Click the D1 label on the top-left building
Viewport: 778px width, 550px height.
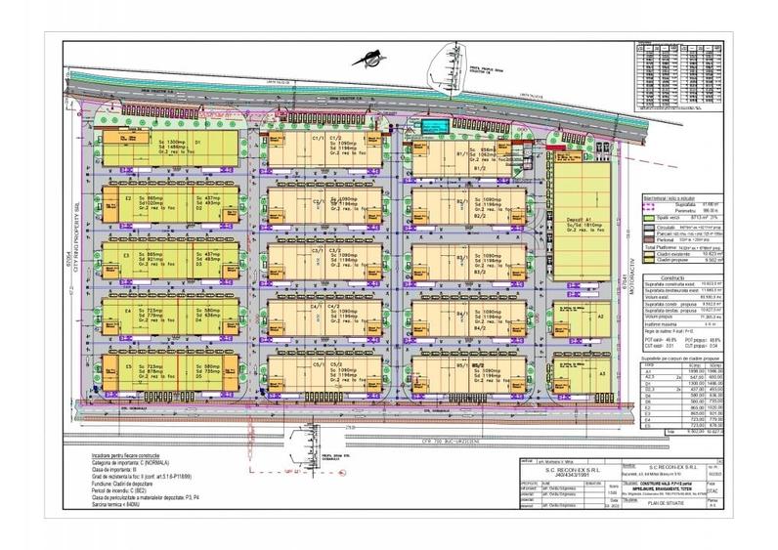(197, 143)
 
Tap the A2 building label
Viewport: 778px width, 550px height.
(602, 317)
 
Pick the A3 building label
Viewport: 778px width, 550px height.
(603, 373)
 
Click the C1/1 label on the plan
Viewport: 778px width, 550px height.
(316, 139)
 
